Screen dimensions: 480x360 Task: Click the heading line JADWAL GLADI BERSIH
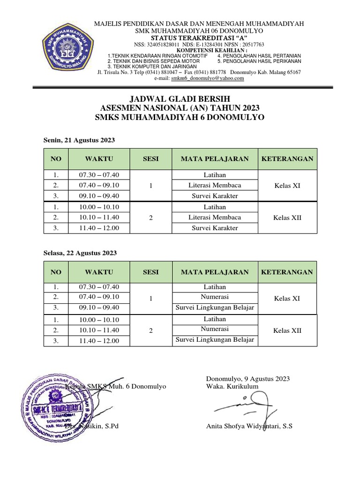(180, 99)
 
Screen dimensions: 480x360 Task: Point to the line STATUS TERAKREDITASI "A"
(199, 38)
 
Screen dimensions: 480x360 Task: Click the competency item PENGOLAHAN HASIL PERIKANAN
(259, 61)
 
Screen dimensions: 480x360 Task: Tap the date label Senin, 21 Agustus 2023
(79, 140)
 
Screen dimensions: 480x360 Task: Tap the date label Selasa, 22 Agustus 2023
(80, 253)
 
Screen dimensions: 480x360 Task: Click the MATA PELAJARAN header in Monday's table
(215, 159)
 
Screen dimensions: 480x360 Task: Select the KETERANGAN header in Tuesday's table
(287, 272)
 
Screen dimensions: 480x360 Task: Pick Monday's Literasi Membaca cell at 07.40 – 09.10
(215, 185)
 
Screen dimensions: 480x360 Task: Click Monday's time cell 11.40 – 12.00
(99, 228)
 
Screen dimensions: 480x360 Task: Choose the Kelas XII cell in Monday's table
(287, 217)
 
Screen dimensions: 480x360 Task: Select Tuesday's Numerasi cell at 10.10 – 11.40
(215, 330)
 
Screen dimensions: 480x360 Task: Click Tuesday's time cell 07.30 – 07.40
(99, 287)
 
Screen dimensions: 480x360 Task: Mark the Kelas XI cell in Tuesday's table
(287, 298)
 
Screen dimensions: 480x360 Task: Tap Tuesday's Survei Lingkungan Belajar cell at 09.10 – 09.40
(215, 307)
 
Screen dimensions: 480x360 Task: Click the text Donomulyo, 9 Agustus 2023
(248, 379)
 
